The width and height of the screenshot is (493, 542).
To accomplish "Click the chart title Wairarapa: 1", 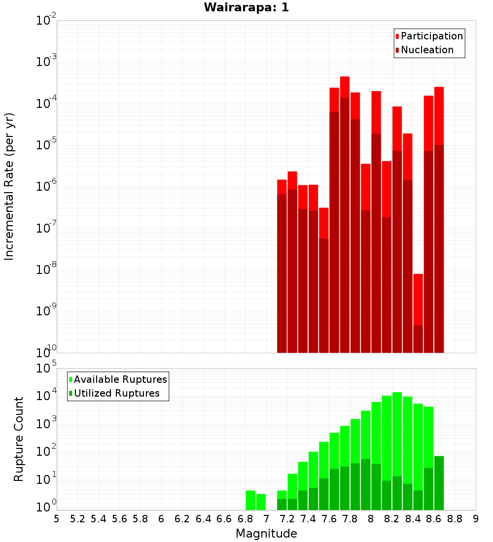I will [246, 8].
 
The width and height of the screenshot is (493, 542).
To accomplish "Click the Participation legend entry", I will [432, 36].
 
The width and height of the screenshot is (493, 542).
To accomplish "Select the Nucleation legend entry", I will [427, 50].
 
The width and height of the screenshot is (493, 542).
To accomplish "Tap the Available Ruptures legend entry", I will [120, 379].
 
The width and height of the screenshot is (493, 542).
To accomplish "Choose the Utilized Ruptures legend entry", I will [116, 393].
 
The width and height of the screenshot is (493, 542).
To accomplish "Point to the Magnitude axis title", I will [266, 534].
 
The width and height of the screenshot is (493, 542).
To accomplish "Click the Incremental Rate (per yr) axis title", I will [9, 186].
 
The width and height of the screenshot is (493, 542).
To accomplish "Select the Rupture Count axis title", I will [19, 439].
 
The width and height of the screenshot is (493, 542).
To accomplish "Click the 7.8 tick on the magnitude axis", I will [350, 519].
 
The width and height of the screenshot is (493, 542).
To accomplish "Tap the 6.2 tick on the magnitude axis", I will [182, 519].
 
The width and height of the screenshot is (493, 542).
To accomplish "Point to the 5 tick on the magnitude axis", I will [57, 519].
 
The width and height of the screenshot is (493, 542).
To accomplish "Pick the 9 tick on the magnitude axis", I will [476, 519].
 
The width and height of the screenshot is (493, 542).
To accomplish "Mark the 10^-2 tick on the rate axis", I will [46, 21].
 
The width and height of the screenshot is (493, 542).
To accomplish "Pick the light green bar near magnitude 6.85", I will [250, 500].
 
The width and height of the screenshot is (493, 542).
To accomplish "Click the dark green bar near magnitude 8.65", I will [439, 483].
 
